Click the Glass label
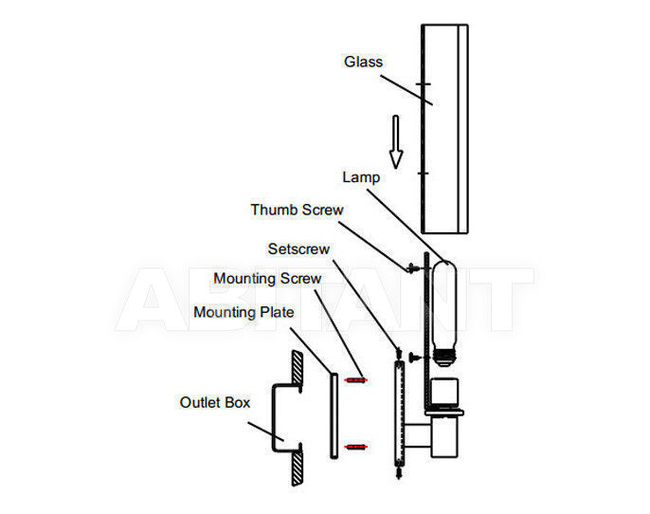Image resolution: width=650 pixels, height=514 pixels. point(363,62)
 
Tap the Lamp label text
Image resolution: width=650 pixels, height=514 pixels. point(361,177)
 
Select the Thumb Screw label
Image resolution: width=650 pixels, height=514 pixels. point(297,210)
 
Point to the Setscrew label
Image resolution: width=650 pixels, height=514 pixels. point(298,248)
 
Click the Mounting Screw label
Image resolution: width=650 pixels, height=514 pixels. point(267,279)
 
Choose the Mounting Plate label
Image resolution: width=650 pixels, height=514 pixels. point(244,312)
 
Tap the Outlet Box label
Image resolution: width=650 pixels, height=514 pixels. point(215,402)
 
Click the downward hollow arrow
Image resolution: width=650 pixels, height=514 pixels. point(396,142)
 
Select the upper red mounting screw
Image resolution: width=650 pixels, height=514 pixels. point(355,379)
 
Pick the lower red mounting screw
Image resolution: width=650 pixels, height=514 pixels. point(355,447)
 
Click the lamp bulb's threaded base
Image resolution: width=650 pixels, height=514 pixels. point(444,358)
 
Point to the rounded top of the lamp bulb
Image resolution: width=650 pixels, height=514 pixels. point(444,265)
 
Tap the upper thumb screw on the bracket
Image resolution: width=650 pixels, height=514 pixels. point(412,268)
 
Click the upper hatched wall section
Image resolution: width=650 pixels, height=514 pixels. point(298,368)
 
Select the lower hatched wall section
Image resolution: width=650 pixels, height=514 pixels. point(298,468)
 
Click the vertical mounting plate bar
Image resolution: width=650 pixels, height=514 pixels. point(334,416)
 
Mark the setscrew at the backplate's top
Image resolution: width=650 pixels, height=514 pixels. point(399,354)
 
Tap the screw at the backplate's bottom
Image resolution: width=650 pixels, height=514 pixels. point(399,472)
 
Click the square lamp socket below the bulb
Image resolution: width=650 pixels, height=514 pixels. point(444,392)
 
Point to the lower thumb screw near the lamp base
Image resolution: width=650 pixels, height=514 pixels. point(414,357)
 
